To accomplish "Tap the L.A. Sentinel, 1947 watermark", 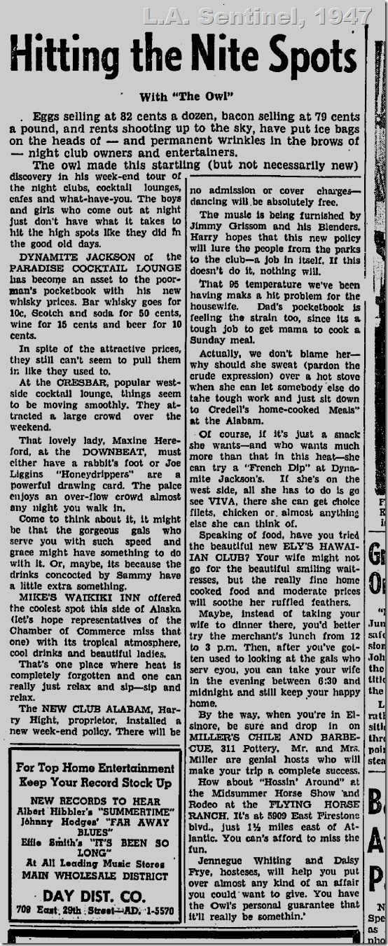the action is (x=257, y=15).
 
